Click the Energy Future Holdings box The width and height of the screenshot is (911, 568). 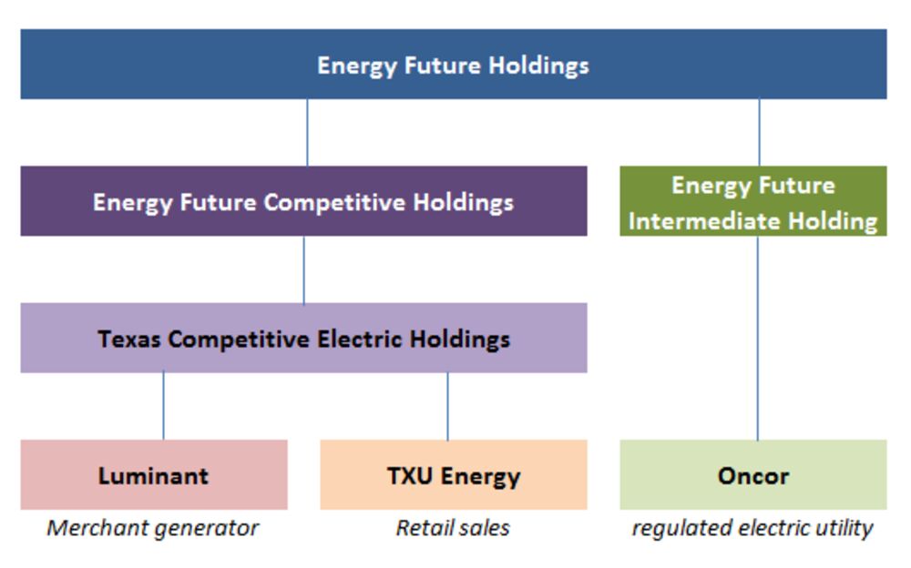453,64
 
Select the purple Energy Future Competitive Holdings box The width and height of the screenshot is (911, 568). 303,201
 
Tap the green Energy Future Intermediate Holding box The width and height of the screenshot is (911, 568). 753,201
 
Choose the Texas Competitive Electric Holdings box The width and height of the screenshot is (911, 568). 303,338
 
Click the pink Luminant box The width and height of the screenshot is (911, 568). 154,475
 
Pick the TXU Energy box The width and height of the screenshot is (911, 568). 453,475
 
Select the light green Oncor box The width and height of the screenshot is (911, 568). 753,475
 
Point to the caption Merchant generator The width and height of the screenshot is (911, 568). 153,529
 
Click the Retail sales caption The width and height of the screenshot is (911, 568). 453,528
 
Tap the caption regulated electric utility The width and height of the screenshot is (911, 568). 752,529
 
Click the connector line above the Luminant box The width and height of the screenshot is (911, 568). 163,406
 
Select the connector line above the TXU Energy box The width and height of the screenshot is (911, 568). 447,406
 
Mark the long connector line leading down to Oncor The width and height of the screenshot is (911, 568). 758,338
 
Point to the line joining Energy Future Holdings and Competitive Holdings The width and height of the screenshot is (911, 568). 307,132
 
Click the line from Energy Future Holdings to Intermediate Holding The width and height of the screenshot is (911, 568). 759,132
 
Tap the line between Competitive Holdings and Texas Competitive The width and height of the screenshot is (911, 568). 303,269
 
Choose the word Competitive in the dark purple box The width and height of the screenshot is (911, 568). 334,203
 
